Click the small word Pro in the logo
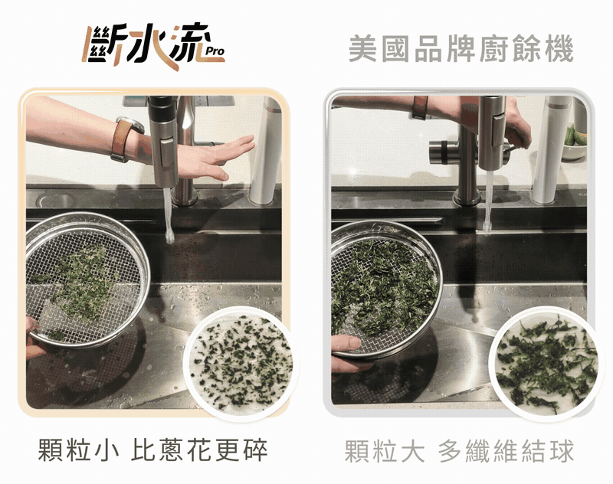click(x=215, y=51)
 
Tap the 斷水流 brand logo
click(x=153, y=46)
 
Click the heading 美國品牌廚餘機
click(x=461, y=48)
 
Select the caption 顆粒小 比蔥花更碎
click(x=152, y=450)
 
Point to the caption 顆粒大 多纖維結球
click(x=459, y=451)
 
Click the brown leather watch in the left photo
click(x=125, y=139)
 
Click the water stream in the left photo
click(x=169, y=215)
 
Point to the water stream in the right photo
click(x=488, y=203)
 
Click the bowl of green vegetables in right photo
click(x=575, y=143)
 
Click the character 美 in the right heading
click(x=362, y=49)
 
